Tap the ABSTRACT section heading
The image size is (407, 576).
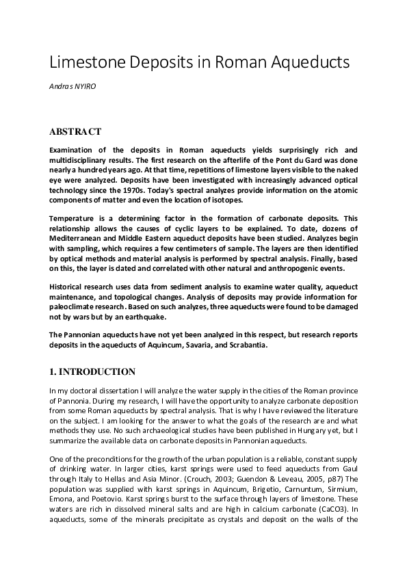75,131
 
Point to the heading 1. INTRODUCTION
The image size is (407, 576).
92,371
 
